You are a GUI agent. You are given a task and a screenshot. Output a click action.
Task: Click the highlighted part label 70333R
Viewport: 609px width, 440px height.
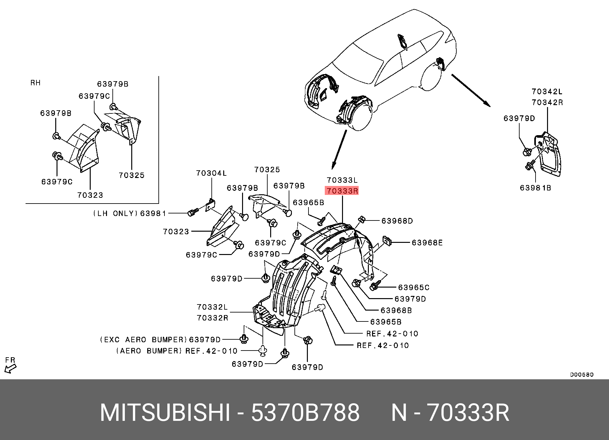click(x=342, y=191)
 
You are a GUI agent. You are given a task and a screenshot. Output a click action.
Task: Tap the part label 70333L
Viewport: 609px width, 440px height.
click(x=342, y=180)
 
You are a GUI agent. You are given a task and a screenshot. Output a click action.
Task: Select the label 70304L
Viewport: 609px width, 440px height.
click(x=211, y=173)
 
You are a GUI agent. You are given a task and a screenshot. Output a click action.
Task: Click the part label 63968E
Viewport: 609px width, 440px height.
click(x=427, y=243)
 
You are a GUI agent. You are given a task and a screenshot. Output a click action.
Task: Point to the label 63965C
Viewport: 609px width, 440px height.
click(x=414, y=288)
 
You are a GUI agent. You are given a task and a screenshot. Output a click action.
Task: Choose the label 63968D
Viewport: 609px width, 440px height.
click(x=397, y=221)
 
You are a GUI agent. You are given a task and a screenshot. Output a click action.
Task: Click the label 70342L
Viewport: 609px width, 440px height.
click(x=547, y=92)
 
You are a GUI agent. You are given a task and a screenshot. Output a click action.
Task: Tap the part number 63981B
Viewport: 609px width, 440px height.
click(x=536, y=188)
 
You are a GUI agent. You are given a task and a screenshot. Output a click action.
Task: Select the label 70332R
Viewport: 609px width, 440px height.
click(x=213, y=318)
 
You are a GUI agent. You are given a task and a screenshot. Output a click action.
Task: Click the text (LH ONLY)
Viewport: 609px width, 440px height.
click(x=116, y=213)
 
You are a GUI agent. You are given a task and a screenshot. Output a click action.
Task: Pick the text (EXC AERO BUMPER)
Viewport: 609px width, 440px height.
click(x=143, y=340)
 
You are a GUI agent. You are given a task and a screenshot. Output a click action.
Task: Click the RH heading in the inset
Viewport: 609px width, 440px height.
click(x=35, y=83)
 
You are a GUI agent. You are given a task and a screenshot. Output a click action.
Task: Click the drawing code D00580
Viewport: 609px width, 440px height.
click(x=582, y=374)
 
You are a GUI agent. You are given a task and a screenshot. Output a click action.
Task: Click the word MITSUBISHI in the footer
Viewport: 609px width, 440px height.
click(x=165, y=413)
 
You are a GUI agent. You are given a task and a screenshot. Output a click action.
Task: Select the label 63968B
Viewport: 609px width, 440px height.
click(x=396, y=311)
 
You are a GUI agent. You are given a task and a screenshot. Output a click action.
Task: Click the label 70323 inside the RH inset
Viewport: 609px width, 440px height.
click(x=90, y=195)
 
